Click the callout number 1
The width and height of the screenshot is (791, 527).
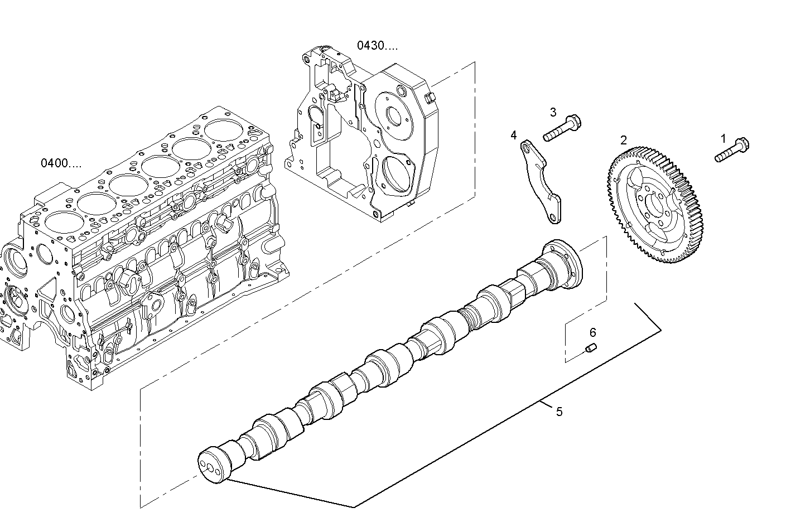[724, 138]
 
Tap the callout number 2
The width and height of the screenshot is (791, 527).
[624, 140]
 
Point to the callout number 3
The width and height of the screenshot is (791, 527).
[553, 112]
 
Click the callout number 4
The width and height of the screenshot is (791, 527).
[513, 135]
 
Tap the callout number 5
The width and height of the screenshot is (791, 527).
[559, 412]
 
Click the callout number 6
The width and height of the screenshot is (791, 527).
[592, 333]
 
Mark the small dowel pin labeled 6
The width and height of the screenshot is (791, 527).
[592, 349]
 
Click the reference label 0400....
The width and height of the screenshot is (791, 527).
[61, 163]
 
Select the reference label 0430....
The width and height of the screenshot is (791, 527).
[378, 46]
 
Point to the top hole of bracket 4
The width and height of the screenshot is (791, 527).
[526, 147]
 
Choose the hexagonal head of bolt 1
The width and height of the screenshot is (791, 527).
[742, 144]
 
